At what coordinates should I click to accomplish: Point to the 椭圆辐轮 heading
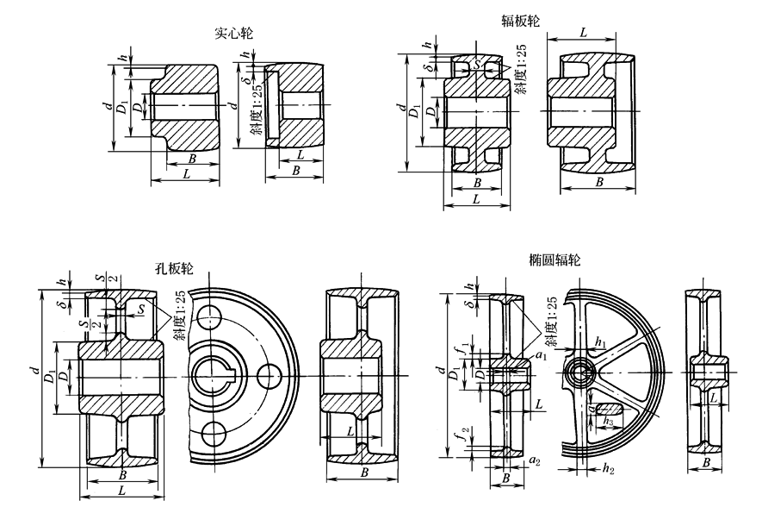[554, 260]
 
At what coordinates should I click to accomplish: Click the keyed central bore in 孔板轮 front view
[211, 374]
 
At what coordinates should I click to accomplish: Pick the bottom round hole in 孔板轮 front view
[209, 430]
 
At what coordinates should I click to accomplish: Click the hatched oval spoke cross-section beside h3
[610, 405]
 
